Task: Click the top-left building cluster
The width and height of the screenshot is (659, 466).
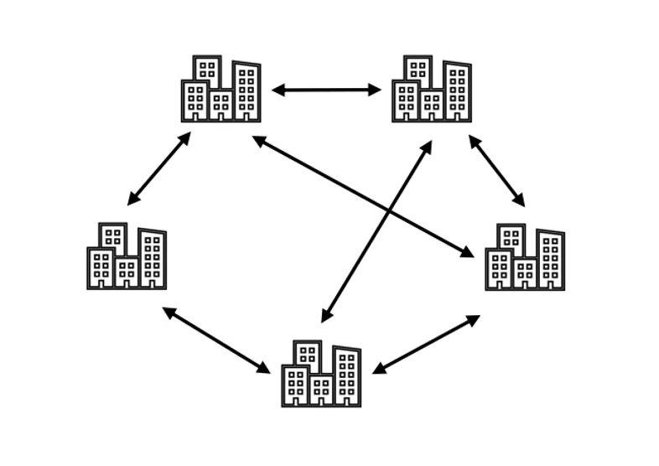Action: pyautogui.click(x=221, y=90)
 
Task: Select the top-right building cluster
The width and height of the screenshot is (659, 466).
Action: pyautogui.click(x=431, y=90)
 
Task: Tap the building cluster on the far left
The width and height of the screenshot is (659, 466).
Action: pyautogui.click(x=127, y=256)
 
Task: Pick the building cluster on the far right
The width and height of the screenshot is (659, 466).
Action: pyautogui.click(x=525, y=257)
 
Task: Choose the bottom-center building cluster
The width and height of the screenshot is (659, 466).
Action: pyautogui.click(x=321, y=374)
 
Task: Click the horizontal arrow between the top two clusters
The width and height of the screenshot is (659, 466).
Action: pyautogui.click(x=326, y=90)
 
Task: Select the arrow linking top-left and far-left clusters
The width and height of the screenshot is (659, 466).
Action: pyautogui.click(x=159, y=168)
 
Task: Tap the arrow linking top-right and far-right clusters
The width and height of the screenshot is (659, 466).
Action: pyautogui.click(x=496, y=170)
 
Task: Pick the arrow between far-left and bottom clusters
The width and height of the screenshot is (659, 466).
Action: pyautogui.click(x=215, y=339)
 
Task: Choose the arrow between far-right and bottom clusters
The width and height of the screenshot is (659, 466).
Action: pyautogui.click(x=426, y=344)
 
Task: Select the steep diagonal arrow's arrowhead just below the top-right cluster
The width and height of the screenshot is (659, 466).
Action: pyautogui.click(x=428, y=147)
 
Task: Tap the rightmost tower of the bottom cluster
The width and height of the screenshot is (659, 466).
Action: pyautogui.click(x=346, y=376)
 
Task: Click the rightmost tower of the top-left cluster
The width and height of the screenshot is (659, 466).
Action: pyautogui.click(x=246, y=91)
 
